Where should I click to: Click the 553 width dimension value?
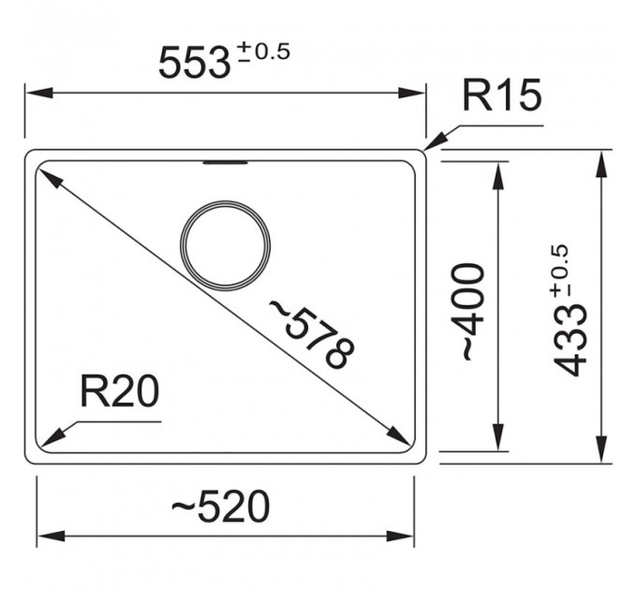[194, 63]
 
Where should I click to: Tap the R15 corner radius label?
[502, 95]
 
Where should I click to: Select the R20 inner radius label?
[120, 391]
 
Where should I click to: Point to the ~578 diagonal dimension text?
[312, 334]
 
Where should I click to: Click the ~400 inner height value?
[474, 312]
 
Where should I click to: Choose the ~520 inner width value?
[220, 507]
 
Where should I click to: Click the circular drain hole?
[225, 201]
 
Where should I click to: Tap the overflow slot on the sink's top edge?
[225, 163]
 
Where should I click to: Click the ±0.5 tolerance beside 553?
[264, 52]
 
